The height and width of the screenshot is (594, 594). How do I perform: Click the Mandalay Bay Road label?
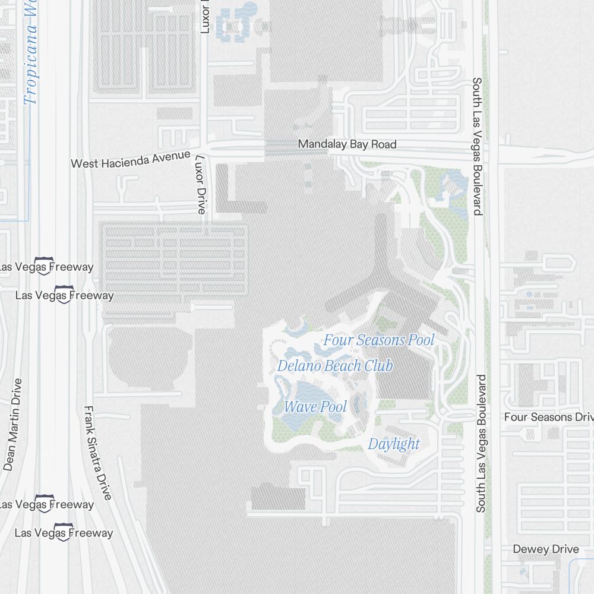[347, 144]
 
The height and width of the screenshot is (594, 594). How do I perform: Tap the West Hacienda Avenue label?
[131, 160]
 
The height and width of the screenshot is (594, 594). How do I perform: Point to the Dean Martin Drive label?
[12, 424]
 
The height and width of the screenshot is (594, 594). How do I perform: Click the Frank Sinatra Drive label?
[98, 453]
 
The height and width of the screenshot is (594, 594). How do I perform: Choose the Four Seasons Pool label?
[378, 340]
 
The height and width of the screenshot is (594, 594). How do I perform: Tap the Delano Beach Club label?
[335, 366]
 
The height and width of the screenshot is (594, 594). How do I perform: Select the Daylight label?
[394, 444]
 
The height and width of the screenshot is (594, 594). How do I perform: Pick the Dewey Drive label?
[545, 549]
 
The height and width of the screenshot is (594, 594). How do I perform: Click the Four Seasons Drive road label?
[548, 417]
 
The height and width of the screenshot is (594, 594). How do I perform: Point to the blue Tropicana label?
[30, 53]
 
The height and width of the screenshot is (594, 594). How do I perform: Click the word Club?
[379, 366]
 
